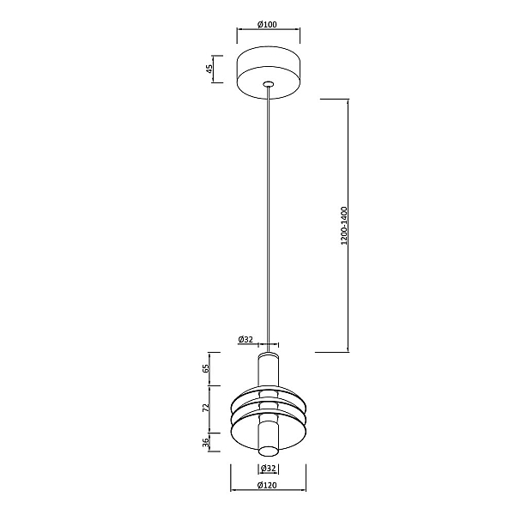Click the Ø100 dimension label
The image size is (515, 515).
click(x=267, y=24)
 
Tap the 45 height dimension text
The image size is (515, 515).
click(x=209, y=69)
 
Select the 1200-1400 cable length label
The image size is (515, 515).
click(x=344, y=226)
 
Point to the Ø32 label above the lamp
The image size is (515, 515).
click(x=246, y=339)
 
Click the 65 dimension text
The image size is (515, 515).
click(x=206, y=368)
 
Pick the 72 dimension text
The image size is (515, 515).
click(x=206, y=408)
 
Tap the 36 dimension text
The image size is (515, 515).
click(x=206, y=442)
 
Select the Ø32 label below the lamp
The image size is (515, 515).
click(x=269, y=469)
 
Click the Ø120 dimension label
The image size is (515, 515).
click(x=268, y=485)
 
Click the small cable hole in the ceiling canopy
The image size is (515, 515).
click(x=269, y=83)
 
